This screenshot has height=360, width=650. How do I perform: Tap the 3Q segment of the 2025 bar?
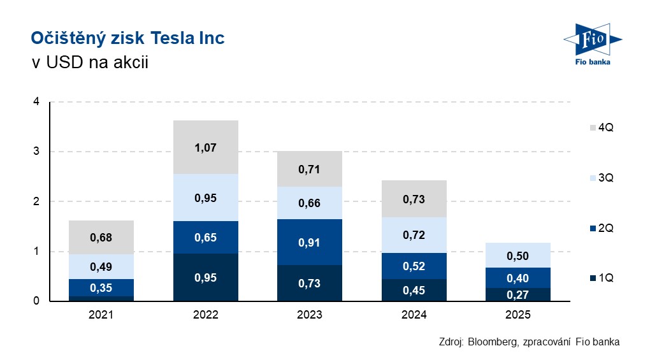click(518, 255)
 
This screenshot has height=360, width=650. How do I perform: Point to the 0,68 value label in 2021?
click(101, 238)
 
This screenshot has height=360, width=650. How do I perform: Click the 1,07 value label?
click(206, 148)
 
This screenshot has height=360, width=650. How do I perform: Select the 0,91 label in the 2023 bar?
click(310, 242)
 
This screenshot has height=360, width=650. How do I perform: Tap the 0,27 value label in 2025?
click(518, 295)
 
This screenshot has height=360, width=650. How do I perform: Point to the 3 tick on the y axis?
click(36, 152)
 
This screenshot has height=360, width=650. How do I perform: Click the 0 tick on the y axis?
click(36, 301)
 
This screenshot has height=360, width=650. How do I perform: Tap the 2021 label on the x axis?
click(101, 315)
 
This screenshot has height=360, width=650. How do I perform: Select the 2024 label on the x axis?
click(414, 315)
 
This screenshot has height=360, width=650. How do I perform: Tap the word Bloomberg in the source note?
click(492, 342)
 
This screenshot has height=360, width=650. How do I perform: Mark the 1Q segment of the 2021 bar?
click(101, 298)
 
